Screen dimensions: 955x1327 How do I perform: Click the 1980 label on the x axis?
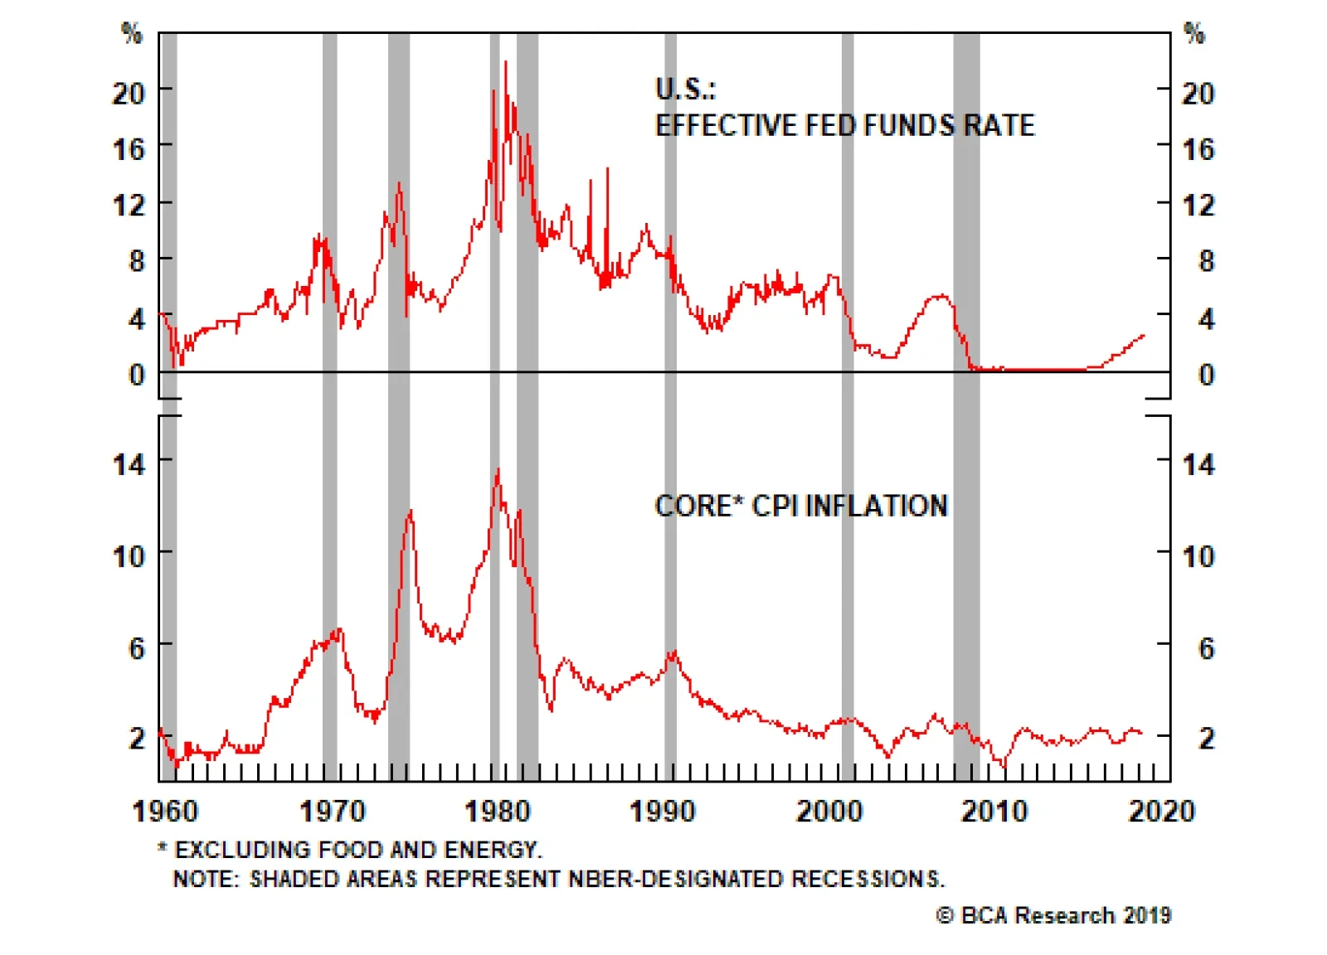pyautogui.click(x=497, y=811)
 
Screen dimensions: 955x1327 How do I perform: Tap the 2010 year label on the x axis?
pyautogui.click(x=994, y=811)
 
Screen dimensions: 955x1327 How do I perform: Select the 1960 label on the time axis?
pyautogui.click(x=165, y=811)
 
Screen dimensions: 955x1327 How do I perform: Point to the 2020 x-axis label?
pyautogui.click(x=1161, y=811)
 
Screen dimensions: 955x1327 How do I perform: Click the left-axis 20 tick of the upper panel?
pyautogui.click(x=129, y=93)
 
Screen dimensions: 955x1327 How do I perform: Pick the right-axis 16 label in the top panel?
pyautogui.click(x=1198, y=149)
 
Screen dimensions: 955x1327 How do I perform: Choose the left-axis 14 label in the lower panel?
pyautogui.click(x=129, y=464)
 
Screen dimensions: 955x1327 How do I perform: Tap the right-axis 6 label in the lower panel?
pyautogui.click(x=1207, y=648)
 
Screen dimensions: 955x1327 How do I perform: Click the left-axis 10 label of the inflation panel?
pyautogui.click(x=129, y=556)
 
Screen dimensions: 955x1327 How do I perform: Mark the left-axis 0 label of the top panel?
pyautogui.click(x=137, y=375)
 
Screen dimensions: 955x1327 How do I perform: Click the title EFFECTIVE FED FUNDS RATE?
pyautogui.click(x=844, y=125)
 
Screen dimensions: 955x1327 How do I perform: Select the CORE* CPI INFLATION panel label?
pyautogui.click(x=800, y=506)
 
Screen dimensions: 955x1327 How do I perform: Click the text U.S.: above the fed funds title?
pyautogui.click(x=685, y=89)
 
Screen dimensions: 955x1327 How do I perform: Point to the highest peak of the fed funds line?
pyautogui.click(x=506, y=62)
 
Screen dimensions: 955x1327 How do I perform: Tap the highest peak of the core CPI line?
pyautogui.click(x=498, y=470)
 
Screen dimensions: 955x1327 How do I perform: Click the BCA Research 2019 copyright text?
pyautogui.click(x=1053, y=915)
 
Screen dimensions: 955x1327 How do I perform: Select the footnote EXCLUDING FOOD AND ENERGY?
pyautogui.click(x=357, y=850)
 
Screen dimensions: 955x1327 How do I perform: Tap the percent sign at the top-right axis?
pyautogui.click(x=1193, y=33)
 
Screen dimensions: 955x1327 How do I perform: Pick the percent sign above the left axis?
pyautogui.click(x=131, y=33)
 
